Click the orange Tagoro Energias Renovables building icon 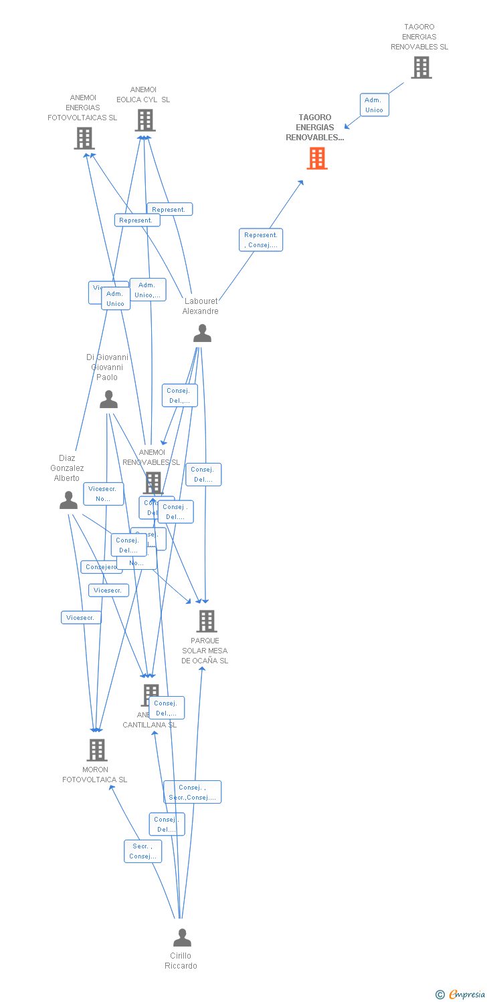(317, 158)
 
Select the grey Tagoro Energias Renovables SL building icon (421, 67)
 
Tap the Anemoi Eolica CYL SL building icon (144, 120)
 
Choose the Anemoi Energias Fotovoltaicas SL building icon (84, 138)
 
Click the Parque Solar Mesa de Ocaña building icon (206, 621)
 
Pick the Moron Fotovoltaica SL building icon (97, 750)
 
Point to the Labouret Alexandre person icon (202, 333)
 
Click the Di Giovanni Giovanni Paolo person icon (108, 399)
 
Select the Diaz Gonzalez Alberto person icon (68, 500)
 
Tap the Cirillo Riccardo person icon (182, 938)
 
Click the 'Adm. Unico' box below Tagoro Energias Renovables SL (374, 105)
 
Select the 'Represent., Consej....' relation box (261, 240)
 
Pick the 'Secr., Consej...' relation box (142, 851)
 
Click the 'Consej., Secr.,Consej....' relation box (192, 792)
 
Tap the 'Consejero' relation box (101, 567)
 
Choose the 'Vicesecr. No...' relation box (103, 494)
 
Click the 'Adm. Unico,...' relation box (148, 290)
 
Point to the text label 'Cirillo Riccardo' (181, 961)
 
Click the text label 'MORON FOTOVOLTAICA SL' (95, 774)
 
